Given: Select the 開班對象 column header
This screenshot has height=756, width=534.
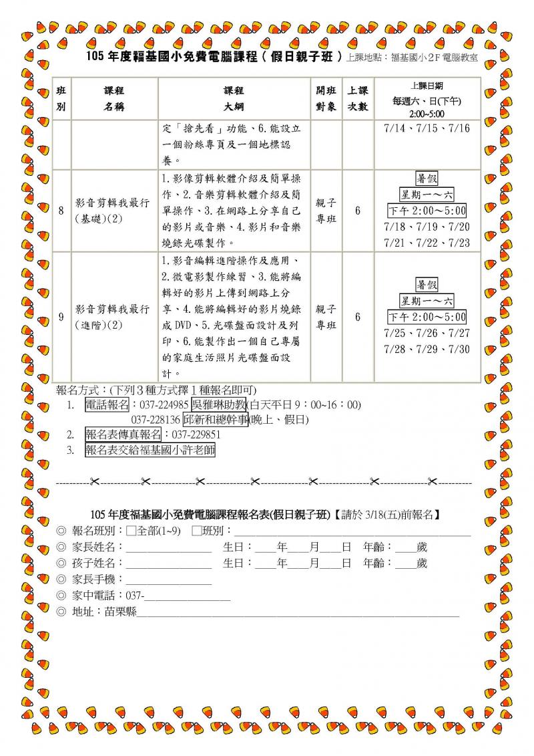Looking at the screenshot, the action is click(x=326, y=98).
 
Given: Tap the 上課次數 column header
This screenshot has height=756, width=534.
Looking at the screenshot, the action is click(x=358, y=98).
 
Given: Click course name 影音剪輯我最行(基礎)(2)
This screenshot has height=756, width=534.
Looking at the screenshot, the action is click(x=112, y=211).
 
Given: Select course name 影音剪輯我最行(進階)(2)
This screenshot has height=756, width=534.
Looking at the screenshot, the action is click(x=112, y=317).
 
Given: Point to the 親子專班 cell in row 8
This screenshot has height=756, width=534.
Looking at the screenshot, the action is click(x=326, y=211).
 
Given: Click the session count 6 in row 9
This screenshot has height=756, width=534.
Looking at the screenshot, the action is click(x=358, y=317).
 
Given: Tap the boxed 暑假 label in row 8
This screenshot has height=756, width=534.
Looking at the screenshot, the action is click(x=427, y=179).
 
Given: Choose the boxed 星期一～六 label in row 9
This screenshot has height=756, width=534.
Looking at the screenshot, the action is click(x=427, y=301).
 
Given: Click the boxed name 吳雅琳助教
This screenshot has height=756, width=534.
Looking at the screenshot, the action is click(x=218, y=404).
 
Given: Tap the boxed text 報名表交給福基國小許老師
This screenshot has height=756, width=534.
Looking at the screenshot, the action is click(x=150, y=450).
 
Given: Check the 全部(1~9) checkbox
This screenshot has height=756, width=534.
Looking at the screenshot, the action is click(x=131, y=531).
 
